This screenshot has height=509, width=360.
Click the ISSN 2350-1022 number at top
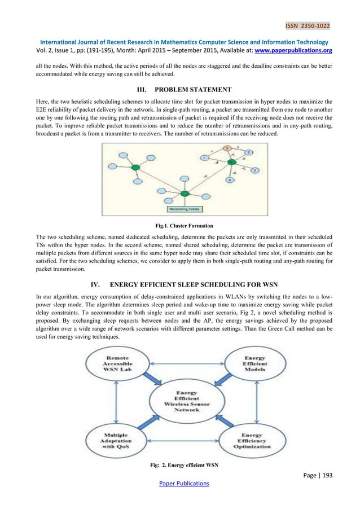click(x=308, y=25)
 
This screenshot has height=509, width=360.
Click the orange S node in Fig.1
click(x=226, y=148)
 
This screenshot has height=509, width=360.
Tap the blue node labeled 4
click(x=229, y=180)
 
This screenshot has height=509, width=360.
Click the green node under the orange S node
click(x=232, y=162)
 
